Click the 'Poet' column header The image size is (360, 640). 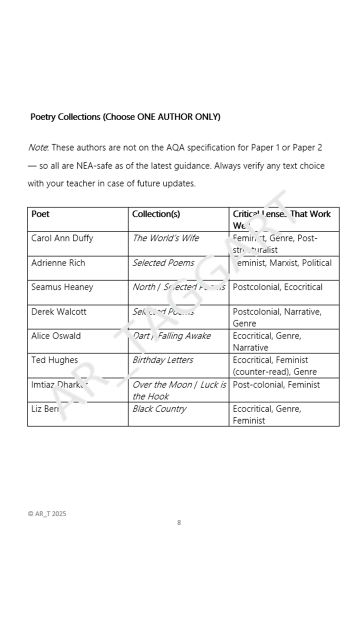[40, 214]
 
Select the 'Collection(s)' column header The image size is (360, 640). [156, 214]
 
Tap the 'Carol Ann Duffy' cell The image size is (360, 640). [62, 238]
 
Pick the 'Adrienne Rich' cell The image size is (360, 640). [58, 263]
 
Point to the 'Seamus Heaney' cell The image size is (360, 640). [62, 287]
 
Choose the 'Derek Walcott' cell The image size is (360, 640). [58, 311]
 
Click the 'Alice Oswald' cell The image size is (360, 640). [55, 335]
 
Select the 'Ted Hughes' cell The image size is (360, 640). [54, 360]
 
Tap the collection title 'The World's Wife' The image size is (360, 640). [165, 238]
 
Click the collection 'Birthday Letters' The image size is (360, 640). [162, 360]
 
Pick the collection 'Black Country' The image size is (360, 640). [159, 408]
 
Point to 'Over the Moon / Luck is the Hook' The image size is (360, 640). [178, 390]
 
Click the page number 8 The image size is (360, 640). [179, 522]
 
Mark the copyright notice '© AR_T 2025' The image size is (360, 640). [47, 513]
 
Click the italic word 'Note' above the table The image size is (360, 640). [38, 147]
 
